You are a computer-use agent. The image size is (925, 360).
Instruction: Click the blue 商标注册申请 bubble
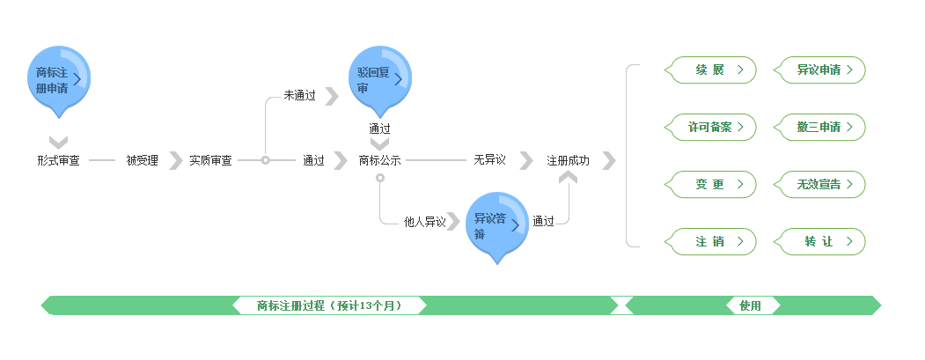[59, 78]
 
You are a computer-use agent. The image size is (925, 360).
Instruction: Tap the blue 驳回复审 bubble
[379, 78]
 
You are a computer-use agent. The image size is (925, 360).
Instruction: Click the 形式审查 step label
[58, 161]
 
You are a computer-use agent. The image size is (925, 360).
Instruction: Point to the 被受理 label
[142, 161]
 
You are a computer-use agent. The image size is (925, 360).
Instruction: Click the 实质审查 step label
[210, 161]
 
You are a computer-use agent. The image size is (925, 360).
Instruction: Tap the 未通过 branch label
[299, 95]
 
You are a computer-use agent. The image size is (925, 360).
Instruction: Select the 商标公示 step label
[379, 161]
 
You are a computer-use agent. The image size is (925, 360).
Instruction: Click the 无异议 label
[489, 160]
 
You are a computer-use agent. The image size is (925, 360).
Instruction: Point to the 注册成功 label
[568, 161]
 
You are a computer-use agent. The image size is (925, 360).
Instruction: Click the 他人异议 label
[424, 222]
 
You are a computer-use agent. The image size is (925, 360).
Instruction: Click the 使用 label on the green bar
[750, 306]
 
